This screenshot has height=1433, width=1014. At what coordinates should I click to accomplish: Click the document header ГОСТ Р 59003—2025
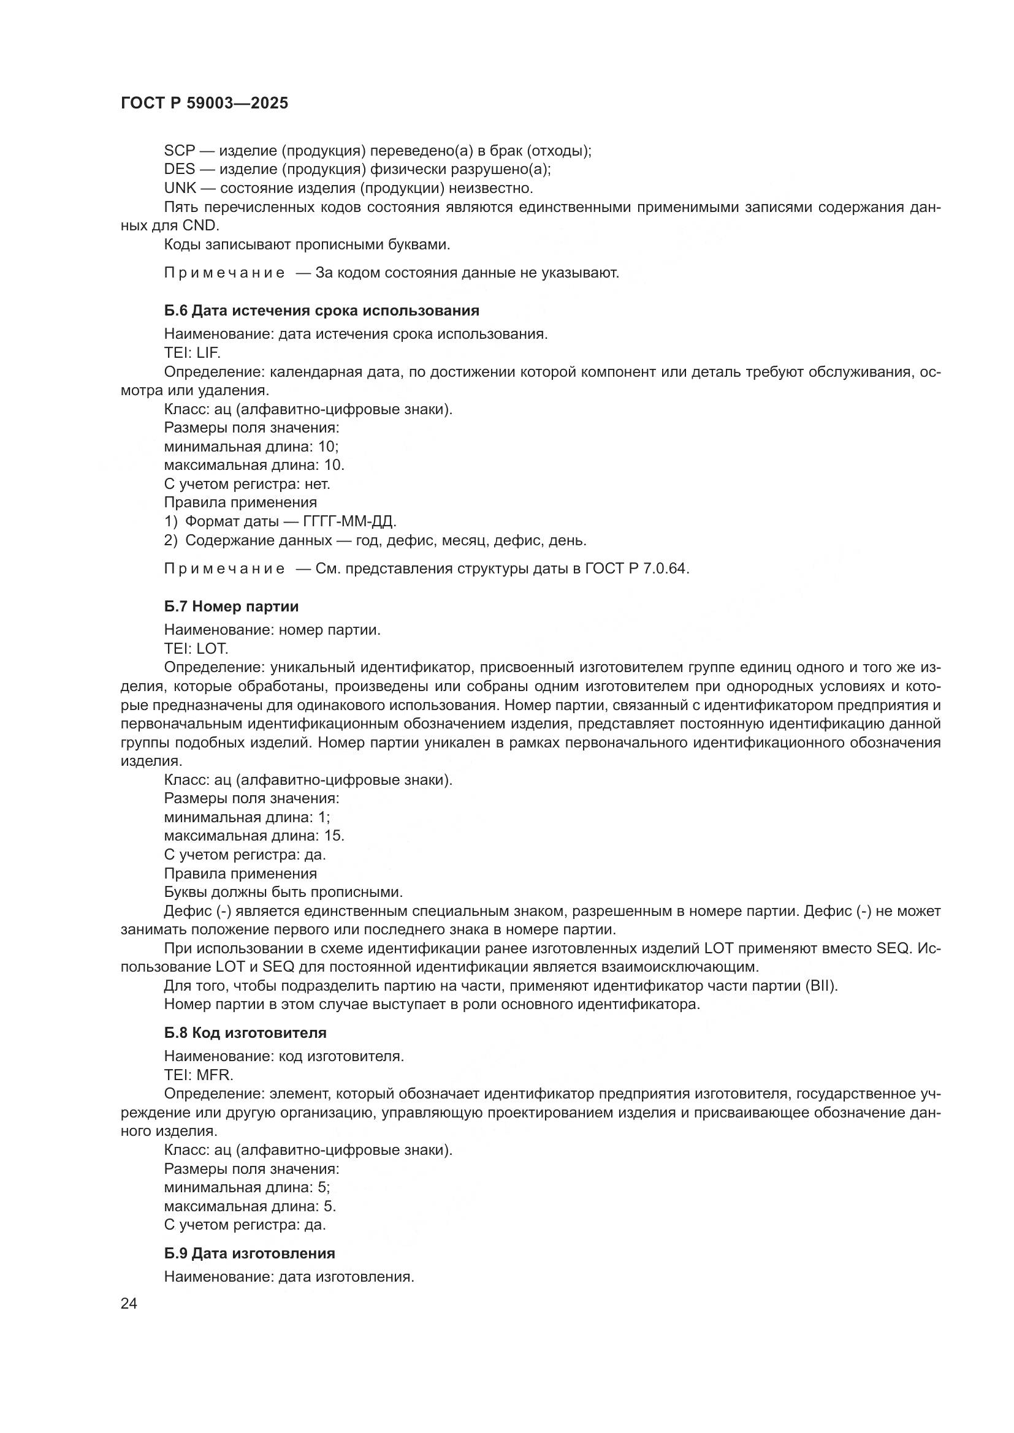[x=204, y=103]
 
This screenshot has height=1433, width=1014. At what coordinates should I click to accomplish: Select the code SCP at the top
[x=180, y=151]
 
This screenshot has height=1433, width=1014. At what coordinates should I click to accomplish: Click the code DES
[x=180, y=169]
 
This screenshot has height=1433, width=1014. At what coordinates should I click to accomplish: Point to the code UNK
[x=180, y=188]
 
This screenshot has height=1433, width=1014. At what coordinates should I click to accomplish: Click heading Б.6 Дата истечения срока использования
[x=322, y=310]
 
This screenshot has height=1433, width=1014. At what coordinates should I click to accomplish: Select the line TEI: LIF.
[x=193, y=353]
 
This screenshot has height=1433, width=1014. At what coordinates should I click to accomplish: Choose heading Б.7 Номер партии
[x=231, y=606]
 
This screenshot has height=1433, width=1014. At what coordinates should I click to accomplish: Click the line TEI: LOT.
[x=196, y=648]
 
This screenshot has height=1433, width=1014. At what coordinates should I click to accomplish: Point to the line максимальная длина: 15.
[x=254, y=835]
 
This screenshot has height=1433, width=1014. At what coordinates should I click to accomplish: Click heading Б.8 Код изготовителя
[x=245, y=1032]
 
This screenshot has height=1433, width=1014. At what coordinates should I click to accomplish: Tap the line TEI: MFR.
[x=199, y=1075]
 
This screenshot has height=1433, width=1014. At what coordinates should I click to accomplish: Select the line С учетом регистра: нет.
[x=247, y=484]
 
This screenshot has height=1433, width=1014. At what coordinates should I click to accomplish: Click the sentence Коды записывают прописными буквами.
[x=307, y=244]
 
